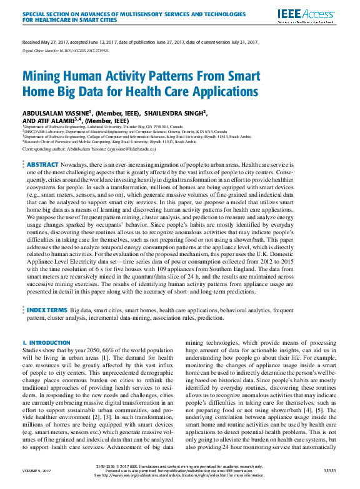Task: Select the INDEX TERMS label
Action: [x=47, y=309]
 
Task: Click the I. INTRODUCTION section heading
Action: [x=46, y=343]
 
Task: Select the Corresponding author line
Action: [x=97, y=150]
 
